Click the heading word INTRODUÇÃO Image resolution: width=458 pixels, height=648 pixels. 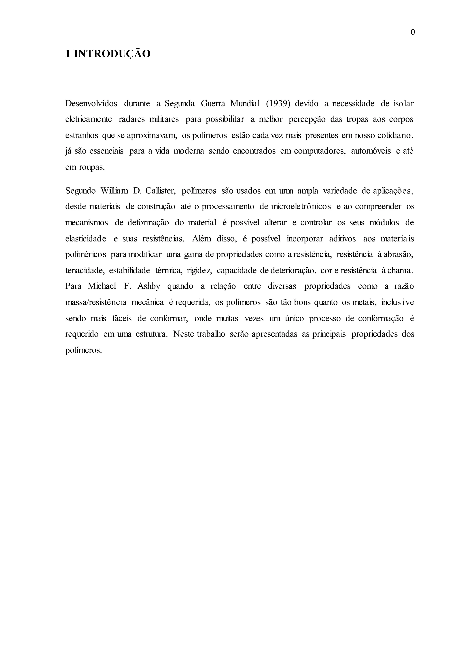coord(112,54)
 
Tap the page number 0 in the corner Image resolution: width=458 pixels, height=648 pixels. coord(413,32)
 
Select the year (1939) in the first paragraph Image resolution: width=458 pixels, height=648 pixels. coord(278,104)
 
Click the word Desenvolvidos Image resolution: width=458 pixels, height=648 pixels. coord(91,104)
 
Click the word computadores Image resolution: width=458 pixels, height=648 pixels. coord(320,151)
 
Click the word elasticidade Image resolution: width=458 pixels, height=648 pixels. coord(86,239)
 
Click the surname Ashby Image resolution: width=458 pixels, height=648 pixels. coord(149,286)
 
